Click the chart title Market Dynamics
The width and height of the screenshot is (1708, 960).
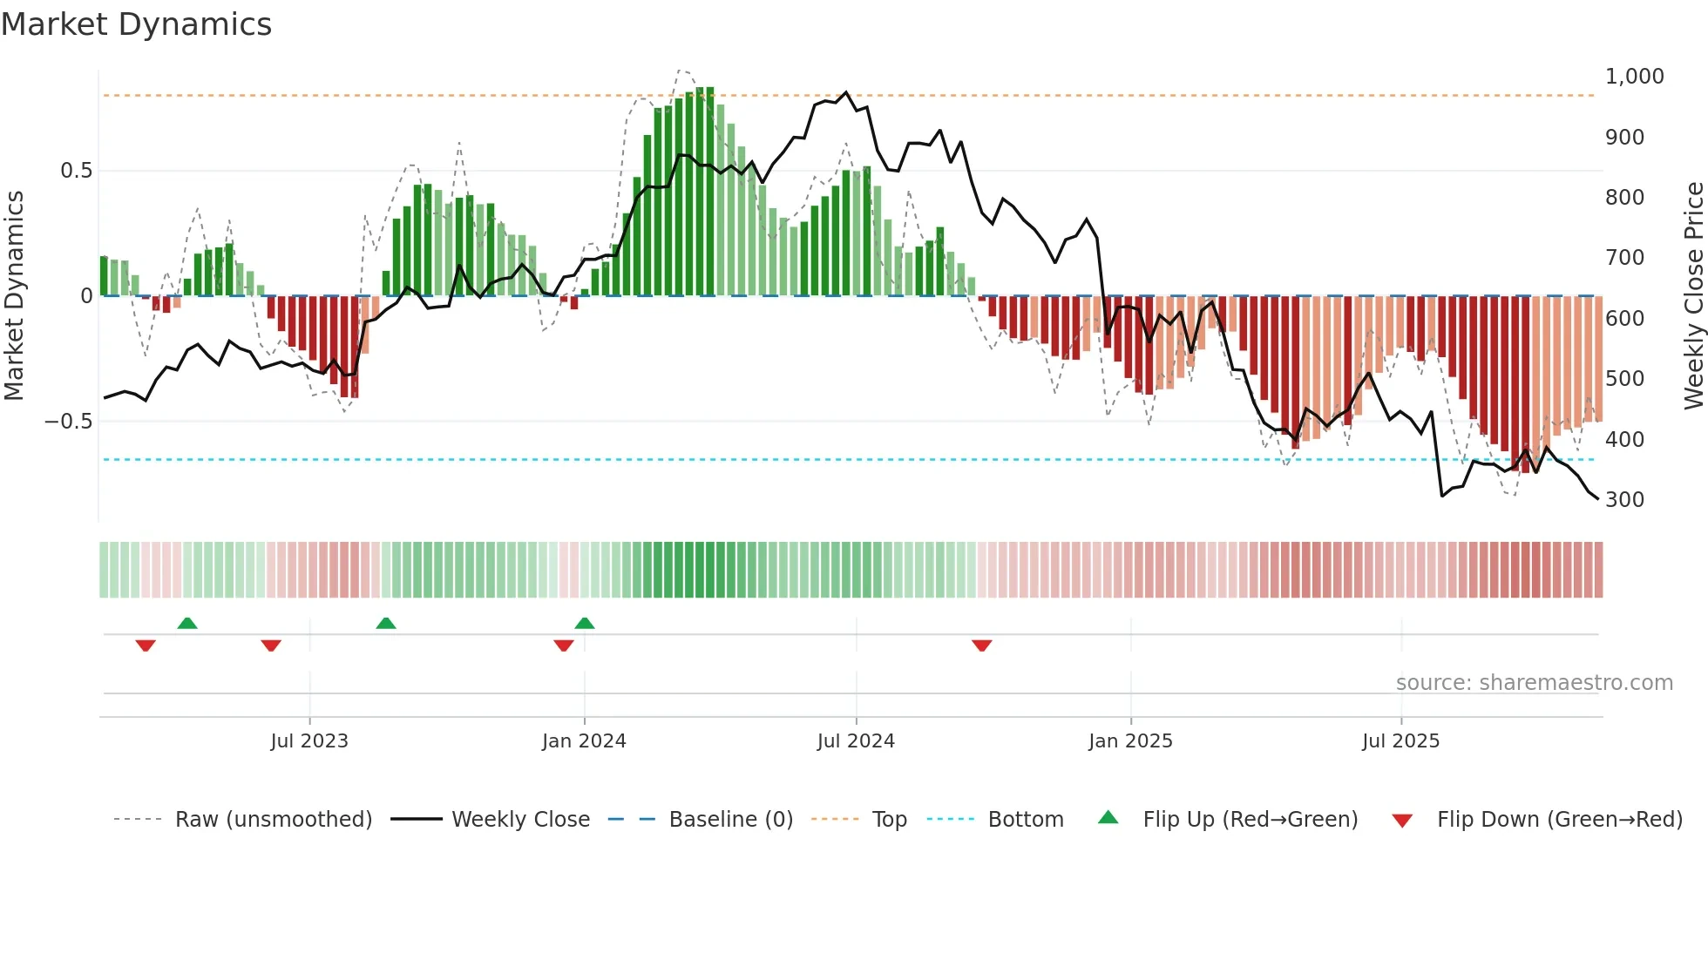(x=137, y=24)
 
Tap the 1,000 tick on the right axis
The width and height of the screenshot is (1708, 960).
(x=1634, y=77)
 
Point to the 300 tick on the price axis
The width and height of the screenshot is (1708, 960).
(x=1624, y=500)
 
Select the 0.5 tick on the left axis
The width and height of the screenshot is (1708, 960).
(x=76, y=171)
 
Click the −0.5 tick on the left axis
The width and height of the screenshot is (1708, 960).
(x=68, y=422)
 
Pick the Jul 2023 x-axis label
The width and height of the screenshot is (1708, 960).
(x=308, y=741)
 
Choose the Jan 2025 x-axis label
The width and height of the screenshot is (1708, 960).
(x=1130, y=741)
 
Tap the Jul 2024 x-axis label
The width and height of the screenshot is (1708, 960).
(x=856, y=741)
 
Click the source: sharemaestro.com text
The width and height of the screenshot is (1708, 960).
(x=1534, y=683)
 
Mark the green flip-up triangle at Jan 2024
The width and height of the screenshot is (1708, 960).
(x=585, y=623)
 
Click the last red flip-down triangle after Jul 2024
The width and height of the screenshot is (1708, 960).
(x=982, y=646)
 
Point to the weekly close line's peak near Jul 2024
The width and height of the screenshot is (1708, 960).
(x=845, y=92)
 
